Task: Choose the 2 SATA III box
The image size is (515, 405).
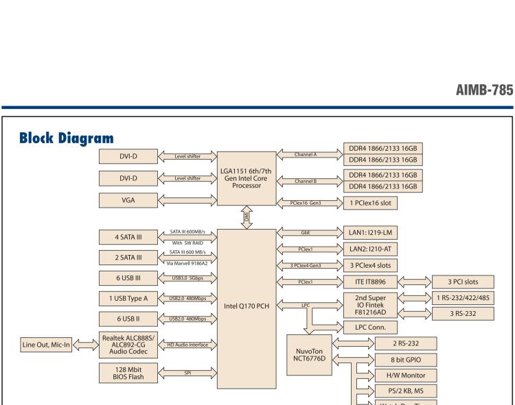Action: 128,258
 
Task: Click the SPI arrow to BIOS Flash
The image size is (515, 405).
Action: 187,373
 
